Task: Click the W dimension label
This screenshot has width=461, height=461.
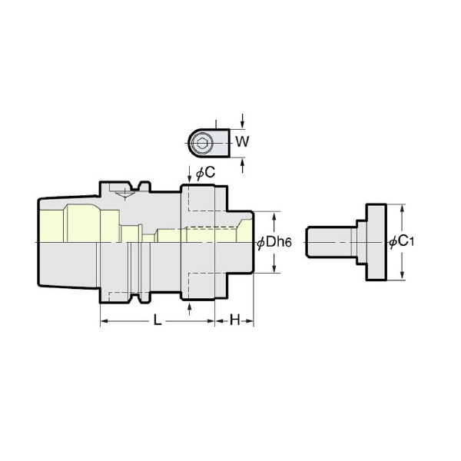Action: coord(242,142)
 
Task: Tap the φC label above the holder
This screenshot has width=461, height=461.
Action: coord(205,173)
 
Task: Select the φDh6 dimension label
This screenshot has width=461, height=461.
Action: coord(274,243)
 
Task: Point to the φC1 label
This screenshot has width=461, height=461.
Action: coord(401,242)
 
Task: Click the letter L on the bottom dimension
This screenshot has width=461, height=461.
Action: coord(158,320)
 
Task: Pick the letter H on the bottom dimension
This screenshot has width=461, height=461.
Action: coord(234,320)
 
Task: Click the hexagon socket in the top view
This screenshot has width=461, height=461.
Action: coord(201,144)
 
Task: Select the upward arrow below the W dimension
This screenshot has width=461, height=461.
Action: coord(242,165)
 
